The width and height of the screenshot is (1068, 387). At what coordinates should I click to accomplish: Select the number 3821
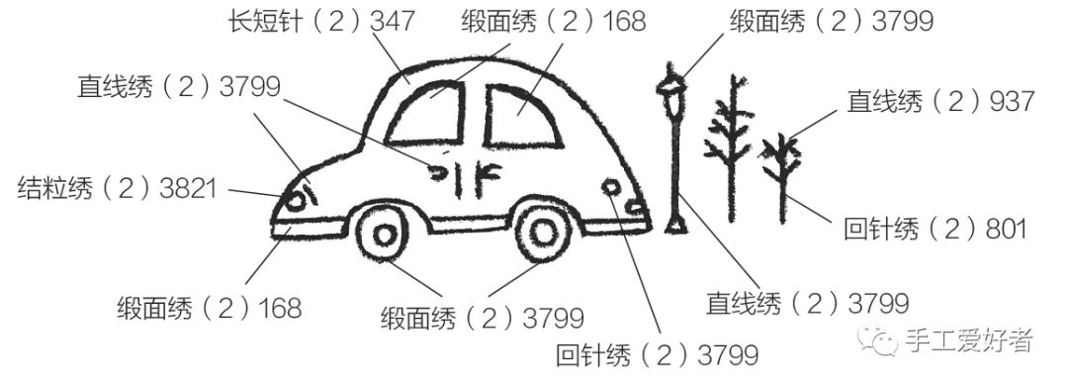tap(187, 188)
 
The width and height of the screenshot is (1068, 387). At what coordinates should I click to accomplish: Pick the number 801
tap(1004, 229)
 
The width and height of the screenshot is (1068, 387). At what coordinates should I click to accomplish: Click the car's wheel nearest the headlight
tap(382, 234)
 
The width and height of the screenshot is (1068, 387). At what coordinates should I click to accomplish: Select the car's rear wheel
tap(542, 231)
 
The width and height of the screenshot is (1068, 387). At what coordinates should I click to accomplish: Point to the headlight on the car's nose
tap(295, 200)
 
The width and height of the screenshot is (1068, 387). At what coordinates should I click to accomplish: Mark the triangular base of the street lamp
tap(676, 224)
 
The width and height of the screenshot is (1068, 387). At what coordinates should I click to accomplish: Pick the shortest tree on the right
tap(781, 173)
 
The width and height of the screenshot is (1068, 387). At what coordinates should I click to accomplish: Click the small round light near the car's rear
tap(610, 186)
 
